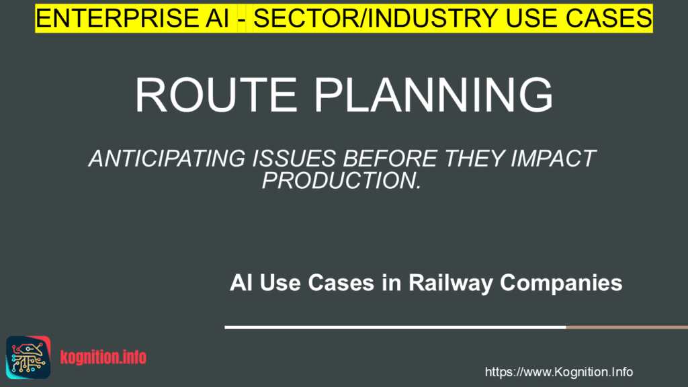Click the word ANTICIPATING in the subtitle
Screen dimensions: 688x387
point(167,159)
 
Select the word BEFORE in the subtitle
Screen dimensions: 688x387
point(390,159)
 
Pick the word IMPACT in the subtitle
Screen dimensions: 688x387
point(554,159)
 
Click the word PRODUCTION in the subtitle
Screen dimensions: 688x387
point(339,180)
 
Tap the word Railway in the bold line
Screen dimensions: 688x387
point(451,283)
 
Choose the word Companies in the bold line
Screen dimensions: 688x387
point(561,283)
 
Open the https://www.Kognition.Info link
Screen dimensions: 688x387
point(558,372)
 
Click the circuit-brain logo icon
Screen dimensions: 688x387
point(28,357)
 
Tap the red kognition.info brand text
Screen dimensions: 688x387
point(103,357)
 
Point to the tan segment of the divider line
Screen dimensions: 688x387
point(627,327)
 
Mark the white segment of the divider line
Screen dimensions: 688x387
point(395,327)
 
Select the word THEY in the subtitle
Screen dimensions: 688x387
point(474,159)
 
